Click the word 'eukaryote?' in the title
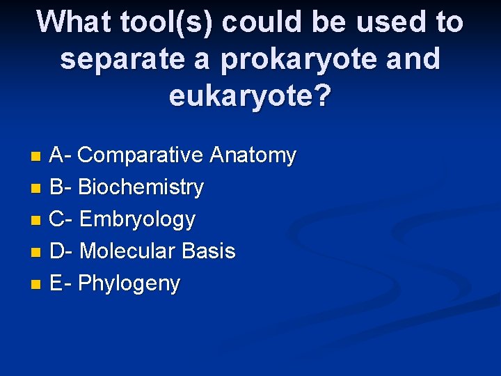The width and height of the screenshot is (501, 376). pos(250,97)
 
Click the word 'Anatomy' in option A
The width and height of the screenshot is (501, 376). pos(253,155)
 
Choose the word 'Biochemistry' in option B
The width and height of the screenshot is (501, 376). pos(141,187)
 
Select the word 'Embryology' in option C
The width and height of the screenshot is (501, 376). pos(137,219)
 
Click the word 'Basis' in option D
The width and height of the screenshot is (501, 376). pos(208,251)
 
